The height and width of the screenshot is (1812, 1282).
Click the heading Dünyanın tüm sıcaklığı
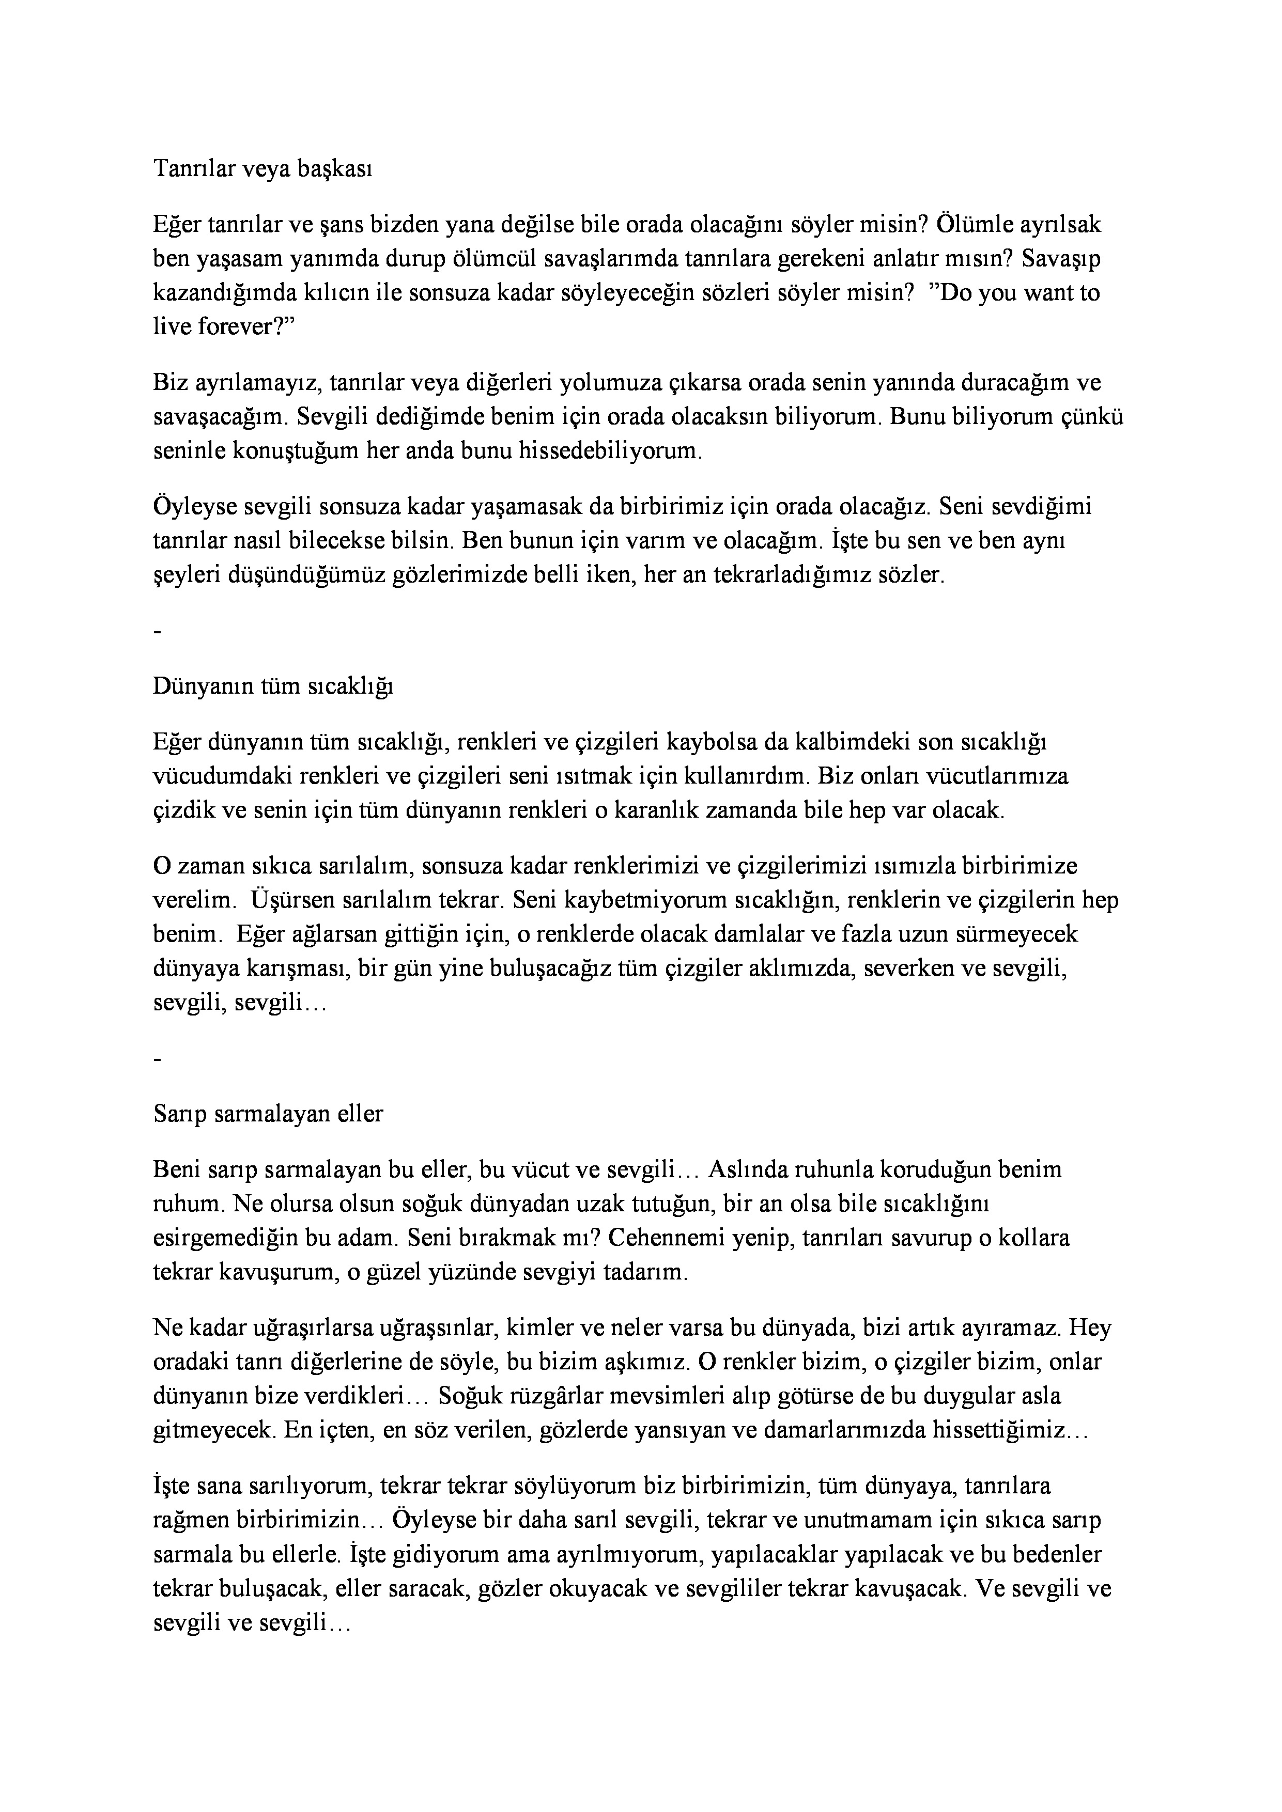(273, 686)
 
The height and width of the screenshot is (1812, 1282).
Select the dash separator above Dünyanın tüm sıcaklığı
(159, 633)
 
